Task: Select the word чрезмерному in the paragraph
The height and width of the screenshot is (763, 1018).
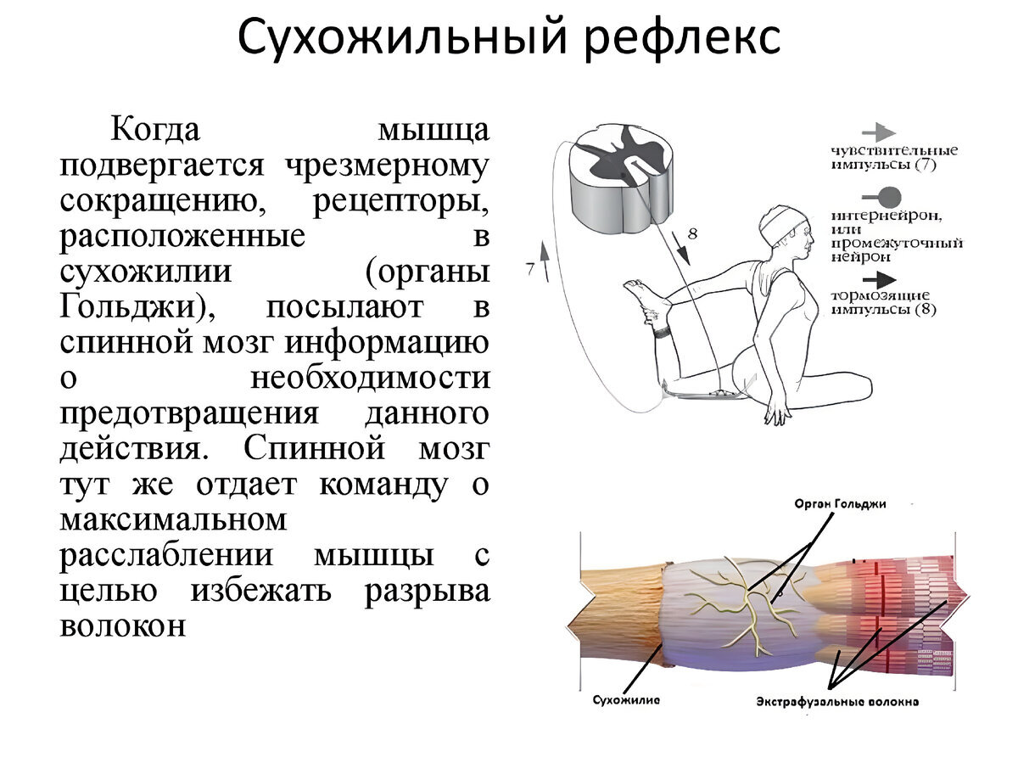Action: (388, 166)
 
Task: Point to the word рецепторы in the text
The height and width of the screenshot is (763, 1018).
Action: (401, 202)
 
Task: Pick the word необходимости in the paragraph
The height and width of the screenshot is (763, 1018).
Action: (370, 379)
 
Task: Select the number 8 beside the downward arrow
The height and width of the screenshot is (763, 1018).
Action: (692, 233)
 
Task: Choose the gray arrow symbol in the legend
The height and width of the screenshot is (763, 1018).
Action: (879, 132)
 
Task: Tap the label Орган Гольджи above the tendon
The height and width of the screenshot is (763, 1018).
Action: (840, 503)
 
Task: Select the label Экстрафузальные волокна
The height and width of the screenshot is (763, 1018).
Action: (838, 702)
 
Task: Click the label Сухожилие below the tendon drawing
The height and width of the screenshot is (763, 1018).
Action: (626, 700)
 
